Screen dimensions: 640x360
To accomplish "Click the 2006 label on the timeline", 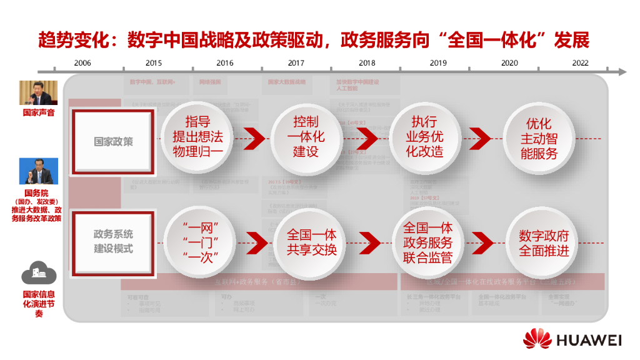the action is click(x=82, y=63).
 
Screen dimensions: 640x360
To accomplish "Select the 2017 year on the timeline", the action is click(x=296, y=63).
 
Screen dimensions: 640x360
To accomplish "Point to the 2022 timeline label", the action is click(x=580, y=63).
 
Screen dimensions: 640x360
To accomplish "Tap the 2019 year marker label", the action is click(x=438, y=63).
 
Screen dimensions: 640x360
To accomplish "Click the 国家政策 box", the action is click(x=113, y=141).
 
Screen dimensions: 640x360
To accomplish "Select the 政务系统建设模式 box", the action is click(x=113, y=242).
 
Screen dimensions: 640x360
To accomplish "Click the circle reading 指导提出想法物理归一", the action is click(x=197, y=137).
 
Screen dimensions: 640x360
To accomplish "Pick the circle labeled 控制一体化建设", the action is click(x=306, y=137).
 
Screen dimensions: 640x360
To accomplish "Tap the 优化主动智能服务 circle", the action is click(x=539, y=137).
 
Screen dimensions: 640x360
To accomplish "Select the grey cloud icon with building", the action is click(x=39, y=273).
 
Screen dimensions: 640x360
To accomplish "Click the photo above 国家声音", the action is click(x=38, y=92).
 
